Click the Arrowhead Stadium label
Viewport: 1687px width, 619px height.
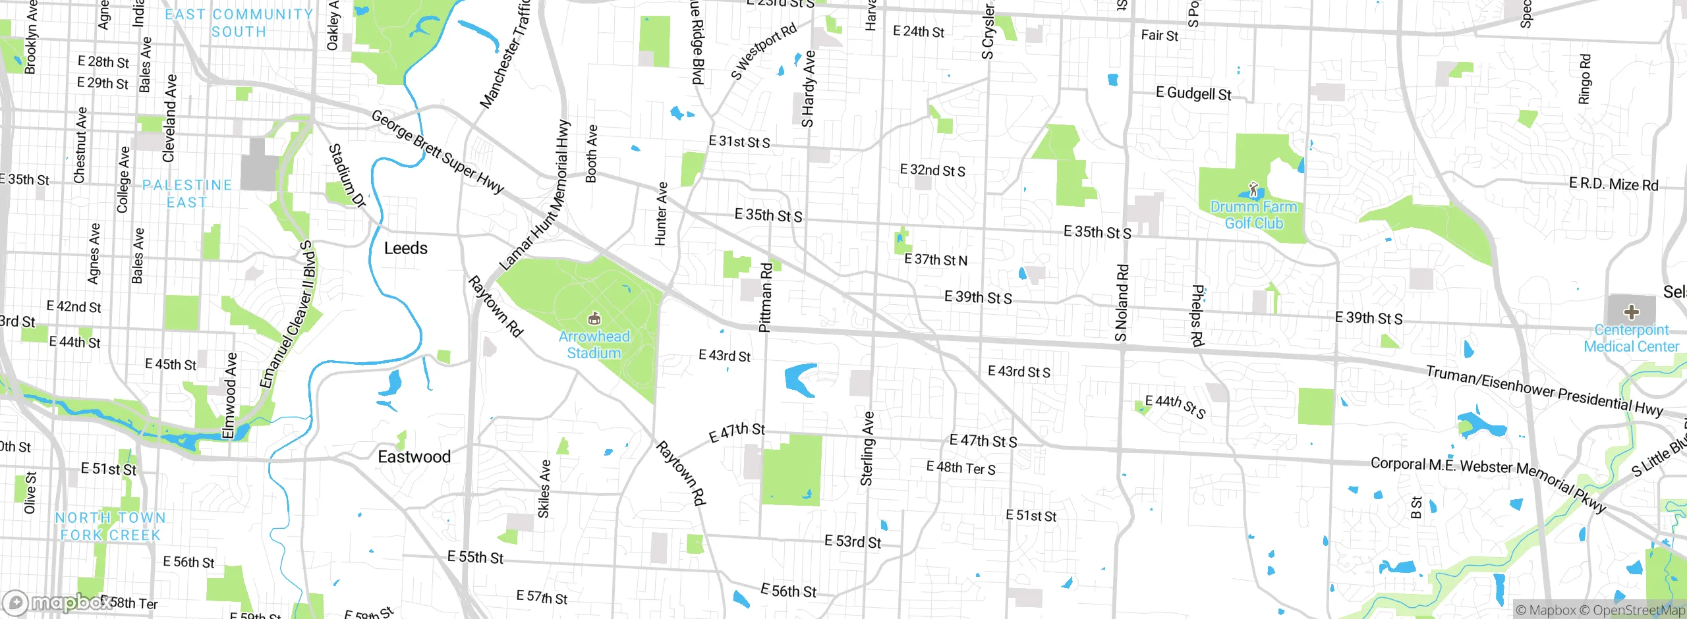[x=594, y=344]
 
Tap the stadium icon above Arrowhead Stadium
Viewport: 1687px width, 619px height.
[x=594, y=319]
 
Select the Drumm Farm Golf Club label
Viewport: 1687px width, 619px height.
[x=1253, y=215]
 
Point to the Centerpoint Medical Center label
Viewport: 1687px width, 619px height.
[x=1631, y=338]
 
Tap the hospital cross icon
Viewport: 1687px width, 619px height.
[x=1631, y=311]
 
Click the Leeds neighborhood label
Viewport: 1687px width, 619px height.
[x=406, y=248]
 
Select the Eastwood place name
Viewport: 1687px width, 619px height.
[x=414, y=456]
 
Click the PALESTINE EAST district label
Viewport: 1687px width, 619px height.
[x=187, y=194]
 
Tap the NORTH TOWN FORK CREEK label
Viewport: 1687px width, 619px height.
[x=110, y=526]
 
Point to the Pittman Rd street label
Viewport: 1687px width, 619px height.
[x=765, y=298]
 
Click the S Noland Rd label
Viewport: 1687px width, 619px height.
[x=1122, y=303]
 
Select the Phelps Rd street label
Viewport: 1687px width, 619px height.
[x=1197, y=315]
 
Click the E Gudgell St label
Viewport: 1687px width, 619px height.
[x=1193, y=94]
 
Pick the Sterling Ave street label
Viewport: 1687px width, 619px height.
[x=868, y=449]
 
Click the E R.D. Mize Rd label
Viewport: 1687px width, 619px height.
[x=1613, y=184]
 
